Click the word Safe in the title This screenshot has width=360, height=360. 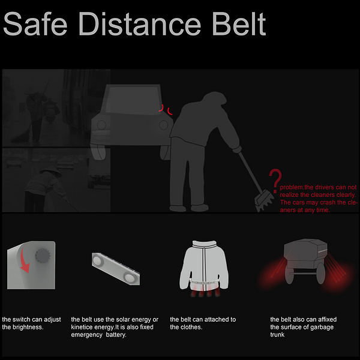(x=35, y=23)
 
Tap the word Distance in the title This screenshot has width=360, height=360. (x=140, y=23)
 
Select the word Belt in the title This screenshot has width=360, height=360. (x=239, y=23)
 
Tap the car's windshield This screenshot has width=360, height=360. (x=133, y=100)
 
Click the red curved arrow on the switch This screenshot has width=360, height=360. (x=25, y=260)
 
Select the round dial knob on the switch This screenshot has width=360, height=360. (x=43, y=256)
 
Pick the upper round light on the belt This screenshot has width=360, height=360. (x=98, y=260)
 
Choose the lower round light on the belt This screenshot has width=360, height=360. (x=130, y=277)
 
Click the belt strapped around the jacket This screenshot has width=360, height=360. (x=204, y=282)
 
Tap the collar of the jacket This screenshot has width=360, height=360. (x=204, y=244)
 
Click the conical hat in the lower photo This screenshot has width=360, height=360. (x=50, y=171)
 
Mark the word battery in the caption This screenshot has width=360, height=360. (x=116, y=335)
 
